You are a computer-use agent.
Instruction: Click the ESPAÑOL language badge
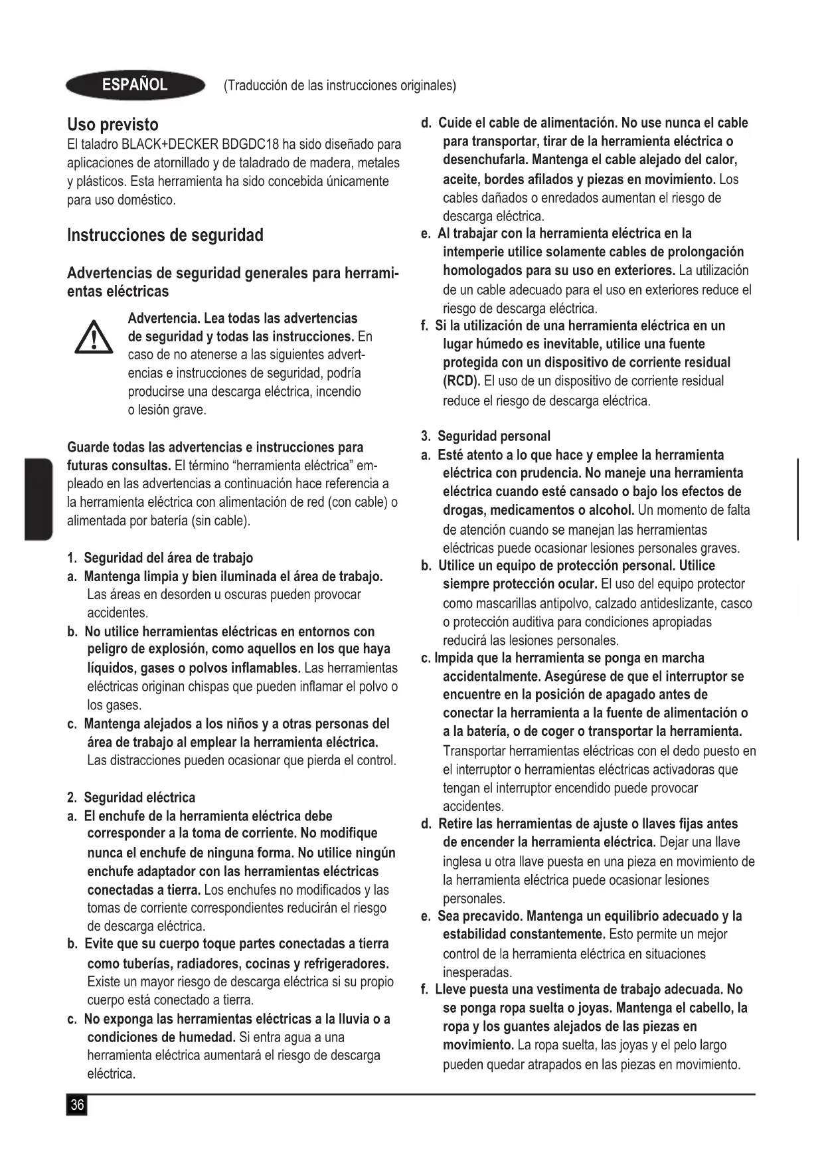pyautogui.click(x=135, y=85)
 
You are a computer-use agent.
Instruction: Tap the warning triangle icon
pyautogui.click(x=94, y=337)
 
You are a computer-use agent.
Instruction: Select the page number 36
pyautogui.click(x=77, y=1105)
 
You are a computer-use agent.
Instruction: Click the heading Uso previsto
pyautogui.click(x=113, y=125)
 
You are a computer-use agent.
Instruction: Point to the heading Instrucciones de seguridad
pyautogui.click(x=165, y=235)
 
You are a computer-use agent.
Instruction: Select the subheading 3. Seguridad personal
pyautogui.click(x=485, y=436)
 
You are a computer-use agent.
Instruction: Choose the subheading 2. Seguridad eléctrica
pyautogui.click(x=131, y=798)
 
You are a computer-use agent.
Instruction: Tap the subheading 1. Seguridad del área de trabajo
pyautogui.click(x=160, y=558)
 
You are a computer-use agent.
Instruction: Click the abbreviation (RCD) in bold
pyautogui.click(x=461, y=381)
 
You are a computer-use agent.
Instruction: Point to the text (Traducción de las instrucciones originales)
pyautogui.click(x=340, y=86)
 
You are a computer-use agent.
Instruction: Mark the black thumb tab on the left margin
pyautogui.click(x=39, y=499)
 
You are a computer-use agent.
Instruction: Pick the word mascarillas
pyautogui.click(x=491, y=604)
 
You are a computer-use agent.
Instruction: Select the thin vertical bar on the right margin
pyautogui.click(x=797, y=499)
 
